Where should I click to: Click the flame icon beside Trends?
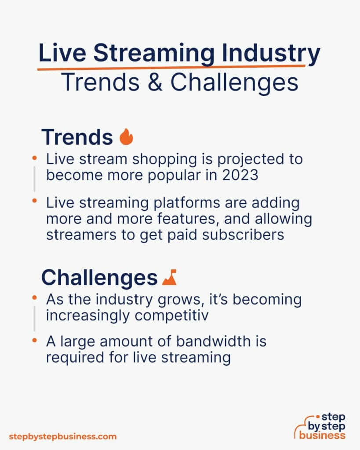point(126,137)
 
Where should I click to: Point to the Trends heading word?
point(77,138)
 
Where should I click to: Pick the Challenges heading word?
point(99,278)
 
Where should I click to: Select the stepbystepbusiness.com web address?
point(63,437)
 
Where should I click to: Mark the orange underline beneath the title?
point(171,67)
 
